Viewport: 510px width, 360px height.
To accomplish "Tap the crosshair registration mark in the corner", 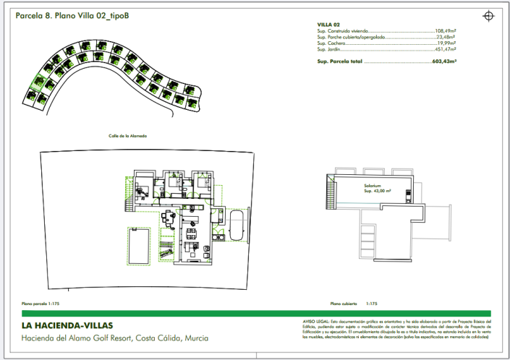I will pos(489,14).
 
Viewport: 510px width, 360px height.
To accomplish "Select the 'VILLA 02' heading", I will pos(328,25).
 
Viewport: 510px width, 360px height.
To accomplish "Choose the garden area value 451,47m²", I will pos(446,50).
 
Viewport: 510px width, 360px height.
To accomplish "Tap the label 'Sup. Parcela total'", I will pos(339,62).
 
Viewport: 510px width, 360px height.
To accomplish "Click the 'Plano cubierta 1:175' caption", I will pos(354,304).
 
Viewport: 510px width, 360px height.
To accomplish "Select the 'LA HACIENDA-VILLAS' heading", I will pos(67,325).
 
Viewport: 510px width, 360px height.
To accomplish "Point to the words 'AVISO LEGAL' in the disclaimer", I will pos(315,320).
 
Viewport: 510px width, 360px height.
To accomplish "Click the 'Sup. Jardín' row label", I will pos(329,50).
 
